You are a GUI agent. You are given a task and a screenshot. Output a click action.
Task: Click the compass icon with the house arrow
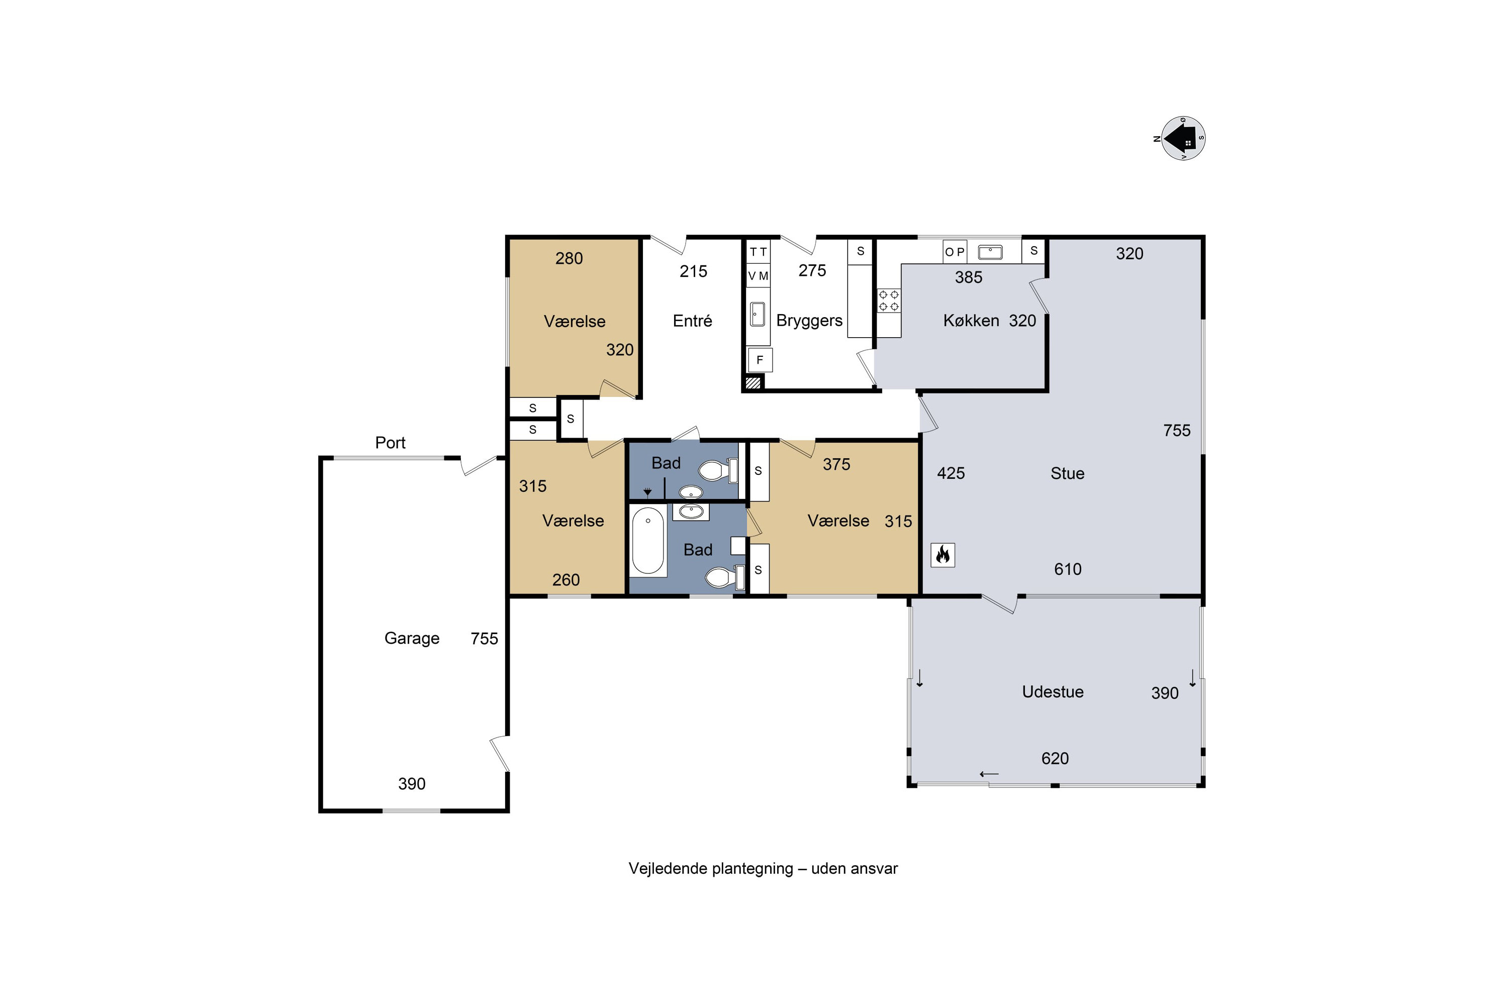point(1183,138)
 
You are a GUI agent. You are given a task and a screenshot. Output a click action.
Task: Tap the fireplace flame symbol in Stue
point(943,554)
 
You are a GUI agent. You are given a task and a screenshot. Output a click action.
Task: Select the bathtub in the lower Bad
point(648,540)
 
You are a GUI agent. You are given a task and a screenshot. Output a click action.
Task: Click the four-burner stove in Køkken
point(889,300)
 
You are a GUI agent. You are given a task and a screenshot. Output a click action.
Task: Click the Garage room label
point(412,638)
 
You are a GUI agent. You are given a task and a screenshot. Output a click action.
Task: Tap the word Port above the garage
point(390,442)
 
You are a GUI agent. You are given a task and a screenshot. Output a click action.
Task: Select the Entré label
point(693,321)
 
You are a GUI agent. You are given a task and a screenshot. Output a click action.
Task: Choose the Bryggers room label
point(809,321)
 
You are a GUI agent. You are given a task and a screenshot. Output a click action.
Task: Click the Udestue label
point(1053,691)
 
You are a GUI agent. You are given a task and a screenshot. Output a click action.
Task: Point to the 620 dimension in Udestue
point(1055,758)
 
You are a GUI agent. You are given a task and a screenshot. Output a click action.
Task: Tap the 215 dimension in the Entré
point(693,271)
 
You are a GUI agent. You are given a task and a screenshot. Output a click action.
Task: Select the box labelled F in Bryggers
point(760,360)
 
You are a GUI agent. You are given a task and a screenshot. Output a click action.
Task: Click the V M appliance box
point(758,275)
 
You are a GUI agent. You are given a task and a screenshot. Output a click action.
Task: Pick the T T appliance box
point(758,252)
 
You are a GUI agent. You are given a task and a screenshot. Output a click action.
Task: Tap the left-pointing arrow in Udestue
point(989,774)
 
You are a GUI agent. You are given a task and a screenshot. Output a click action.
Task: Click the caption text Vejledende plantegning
point(710,868)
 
